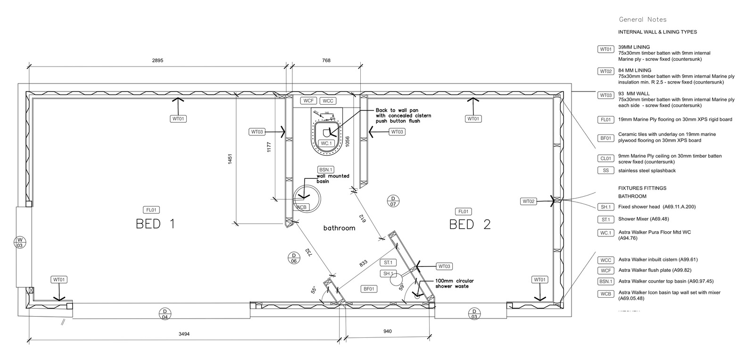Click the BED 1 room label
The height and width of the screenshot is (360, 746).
point(155,224)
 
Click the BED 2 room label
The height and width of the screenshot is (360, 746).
point(470,224)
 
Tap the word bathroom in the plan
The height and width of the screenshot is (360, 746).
point(339,228)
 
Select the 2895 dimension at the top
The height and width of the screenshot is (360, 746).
point(157,60)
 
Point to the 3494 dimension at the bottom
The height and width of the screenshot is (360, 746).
point(184,334)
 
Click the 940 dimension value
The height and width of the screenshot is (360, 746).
point(387,331)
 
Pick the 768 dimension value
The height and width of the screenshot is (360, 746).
point(326,60)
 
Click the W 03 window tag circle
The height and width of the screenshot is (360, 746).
point(20,243)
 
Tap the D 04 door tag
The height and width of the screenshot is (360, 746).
point(165,314)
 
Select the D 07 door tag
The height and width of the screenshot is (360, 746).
point(393,201)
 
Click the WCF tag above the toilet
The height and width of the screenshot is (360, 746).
point(308,101)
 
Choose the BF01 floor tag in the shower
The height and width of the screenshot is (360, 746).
point(368,289)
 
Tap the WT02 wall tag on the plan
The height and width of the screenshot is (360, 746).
point(529,201)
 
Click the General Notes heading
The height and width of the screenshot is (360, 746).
point(642,19)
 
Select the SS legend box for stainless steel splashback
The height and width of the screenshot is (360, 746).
point(605,170)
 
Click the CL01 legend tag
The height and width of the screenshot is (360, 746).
point(606,159)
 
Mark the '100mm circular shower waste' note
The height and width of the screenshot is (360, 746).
point(454,284)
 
